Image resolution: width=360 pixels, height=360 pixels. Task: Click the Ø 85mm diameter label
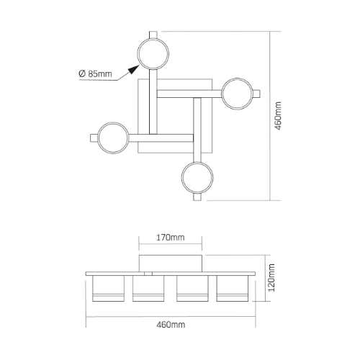[95, 73]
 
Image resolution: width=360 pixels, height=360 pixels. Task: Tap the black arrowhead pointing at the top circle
[134, 70]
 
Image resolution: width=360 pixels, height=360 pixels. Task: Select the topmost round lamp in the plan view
[153, 53]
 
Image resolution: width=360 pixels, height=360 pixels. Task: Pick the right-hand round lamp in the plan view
[237, 94]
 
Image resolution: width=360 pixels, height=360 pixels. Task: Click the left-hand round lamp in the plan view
[113, 138]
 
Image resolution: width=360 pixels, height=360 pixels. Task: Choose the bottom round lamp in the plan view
[197, 178]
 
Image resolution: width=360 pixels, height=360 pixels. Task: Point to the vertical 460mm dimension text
[278, 116]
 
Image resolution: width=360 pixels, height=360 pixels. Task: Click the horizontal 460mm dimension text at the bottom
[171, 325]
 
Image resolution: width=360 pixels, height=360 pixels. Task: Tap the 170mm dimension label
[171, 238]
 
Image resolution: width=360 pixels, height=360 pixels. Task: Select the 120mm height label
[271, 278]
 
